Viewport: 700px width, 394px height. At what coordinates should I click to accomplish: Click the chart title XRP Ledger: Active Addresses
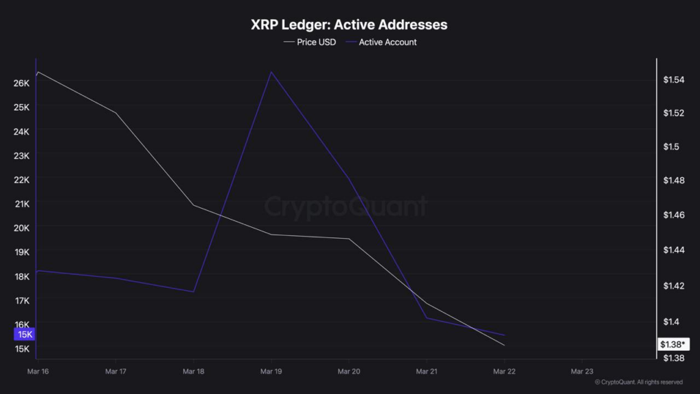[349, 25]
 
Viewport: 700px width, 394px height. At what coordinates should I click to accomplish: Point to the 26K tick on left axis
[21, 83]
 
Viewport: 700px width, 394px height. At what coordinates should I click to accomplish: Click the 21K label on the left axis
[21, 204]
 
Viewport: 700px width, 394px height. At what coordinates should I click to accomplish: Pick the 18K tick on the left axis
[21, 276]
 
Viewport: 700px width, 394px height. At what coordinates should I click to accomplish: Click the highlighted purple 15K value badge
[25, 334]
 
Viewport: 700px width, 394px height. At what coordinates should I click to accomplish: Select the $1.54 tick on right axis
[673, 80]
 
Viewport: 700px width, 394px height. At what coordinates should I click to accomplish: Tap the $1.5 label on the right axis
[671, 147]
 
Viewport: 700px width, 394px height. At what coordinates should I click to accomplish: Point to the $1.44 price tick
[673, 250]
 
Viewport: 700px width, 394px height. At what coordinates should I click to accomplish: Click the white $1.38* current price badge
[673, 345]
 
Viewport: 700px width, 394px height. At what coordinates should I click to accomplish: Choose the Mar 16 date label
[37, 371]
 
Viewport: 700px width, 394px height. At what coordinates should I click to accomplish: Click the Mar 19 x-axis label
[271, 371]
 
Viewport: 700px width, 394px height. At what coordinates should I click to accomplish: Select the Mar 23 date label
[582, 371]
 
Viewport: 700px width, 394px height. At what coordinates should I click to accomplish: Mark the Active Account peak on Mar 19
[271, 72]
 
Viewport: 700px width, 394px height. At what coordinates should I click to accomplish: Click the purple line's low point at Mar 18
[193, 291]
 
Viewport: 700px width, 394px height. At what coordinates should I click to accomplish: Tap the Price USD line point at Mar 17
[116, 113]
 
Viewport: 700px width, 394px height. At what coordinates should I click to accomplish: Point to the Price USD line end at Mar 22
[504, 345]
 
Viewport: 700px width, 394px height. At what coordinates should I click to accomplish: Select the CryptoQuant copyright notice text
[638, 382]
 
